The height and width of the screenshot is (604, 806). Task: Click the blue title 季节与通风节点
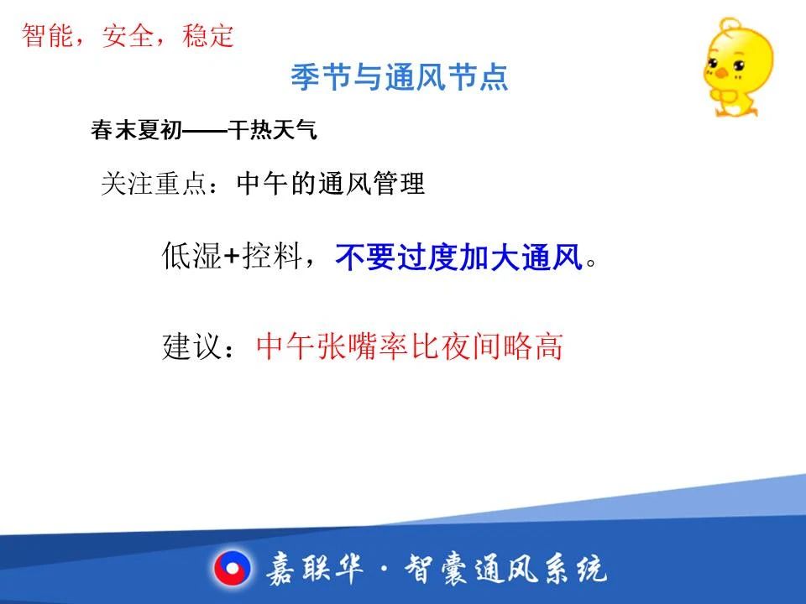[400, 77]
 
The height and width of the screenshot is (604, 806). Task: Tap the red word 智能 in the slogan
[47, 36]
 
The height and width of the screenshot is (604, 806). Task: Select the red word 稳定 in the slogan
[208, 36]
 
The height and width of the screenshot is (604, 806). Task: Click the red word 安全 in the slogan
[128, 36]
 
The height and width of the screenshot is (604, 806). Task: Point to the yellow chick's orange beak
[722, 73]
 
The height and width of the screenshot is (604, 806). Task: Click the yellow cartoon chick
[738, 67]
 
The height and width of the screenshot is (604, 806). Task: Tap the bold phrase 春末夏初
[137, 130]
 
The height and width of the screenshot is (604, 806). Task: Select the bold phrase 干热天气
[272, 130]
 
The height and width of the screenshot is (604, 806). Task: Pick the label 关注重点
[154, 184]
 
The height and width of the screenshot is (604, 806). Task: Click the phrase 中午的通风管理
[331, 184]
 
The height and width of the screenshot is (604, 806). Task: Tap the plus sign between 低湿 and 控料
[233, 256]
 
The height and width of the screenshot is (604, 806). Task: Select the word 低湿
[192, 256]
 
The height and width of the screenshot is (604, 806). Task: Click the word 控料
[272, 256]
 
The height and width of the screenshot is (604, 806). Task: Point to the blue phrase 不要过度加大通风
[459, 257]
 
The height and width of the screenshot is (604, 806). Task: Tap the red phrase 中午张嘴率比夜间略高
[410, 346]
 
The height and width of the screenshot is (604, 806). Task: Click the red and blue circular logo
[233, 569]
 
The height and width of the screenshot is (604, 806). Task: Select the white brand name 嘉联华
[315, 569]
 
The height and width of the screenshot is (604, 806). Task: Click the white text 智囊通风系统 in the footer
[505, 569]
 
